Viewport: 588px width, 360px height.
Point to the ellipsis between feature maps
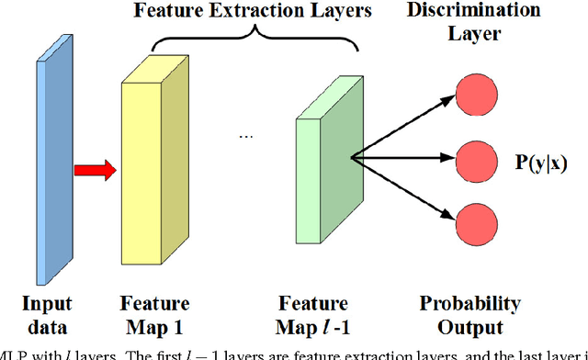[x=245, y=135]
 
